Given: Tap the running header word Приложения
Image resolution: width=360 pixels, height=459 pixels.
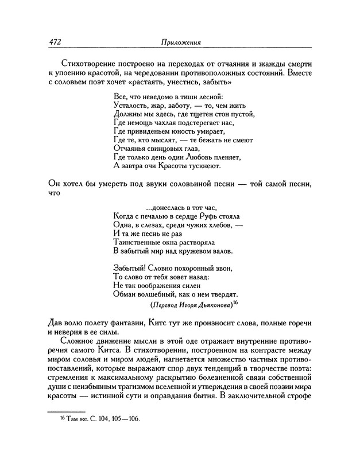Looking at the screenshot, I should (180, 43).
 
